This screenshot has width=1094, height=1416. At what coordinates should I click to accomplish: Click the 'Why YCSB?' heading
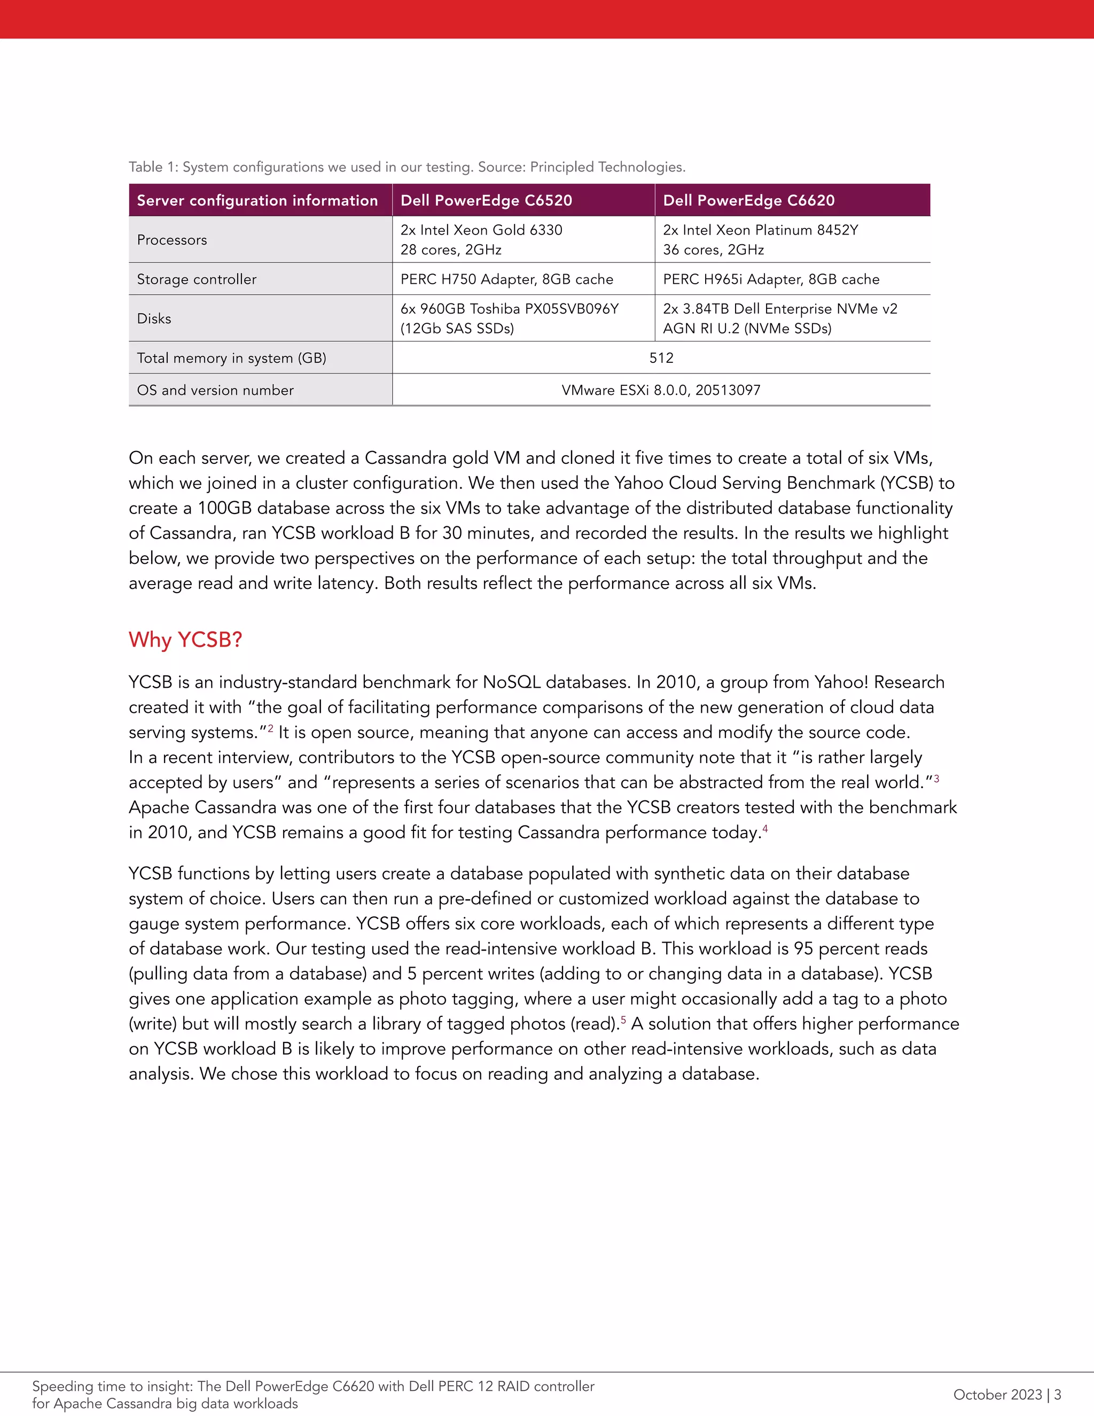(185, 640)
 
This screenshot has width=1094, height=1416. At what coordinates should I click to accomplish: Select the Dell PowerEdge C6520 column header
(486, 200)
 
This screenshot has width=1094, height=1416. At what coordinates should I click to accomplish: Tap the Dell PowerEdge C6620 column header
(748, 200)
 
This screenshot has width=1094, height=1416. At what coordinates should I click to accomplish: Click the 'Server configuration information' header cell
(257, 200)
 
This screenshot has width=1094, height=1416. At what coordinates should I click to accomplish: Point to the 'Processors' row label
(172, 240)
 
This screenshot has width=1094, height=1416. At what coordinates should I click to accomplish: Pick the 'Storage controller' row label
(197, 279)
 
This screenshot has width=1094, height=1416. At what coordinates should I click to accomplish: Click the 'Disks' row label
(154, 318)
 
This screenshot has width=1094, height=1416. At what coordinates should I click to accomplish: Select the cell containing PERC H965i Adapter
(771, 279)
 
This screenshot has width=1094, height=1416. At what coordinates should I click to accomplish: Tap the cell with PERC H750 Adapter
(506, 279)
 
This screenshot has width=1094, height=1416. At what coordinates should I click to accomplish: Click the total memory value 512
(661, 358)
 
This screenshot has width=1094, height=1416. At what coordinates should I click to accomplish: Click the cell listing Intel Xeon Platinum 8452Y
(760, 239)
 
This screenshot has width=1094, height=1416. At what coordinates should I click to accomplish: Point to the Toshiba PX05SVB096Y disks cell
(510, 318)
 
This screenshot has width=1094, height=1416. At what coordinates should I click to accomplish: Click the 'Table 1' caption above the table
(407, 167)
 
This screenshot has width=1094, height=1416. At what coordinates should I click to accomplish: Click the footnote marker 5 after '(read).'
(623, 1019)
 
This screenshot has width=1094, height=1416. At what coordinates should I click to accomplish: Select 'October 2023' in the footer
(997, 1394)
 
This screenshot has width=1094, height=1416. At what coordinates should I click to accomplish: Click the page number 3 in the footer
(1058, 1394)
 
